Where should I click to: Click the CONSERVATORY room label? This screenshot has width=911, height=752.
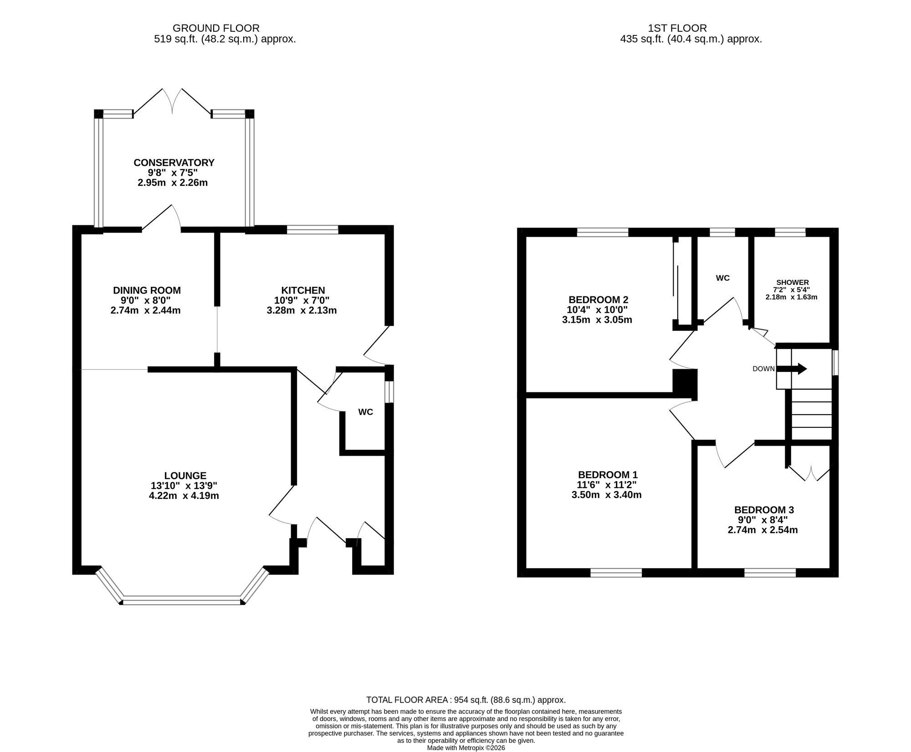pyautogui.click(x=174, y=163)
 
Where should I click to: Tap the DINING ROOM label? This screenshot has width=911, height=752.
pyautogui.click(x=147, y=290)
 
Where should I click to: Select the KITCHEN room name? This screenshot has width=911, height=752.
pyautogui.click(x=303, y=290)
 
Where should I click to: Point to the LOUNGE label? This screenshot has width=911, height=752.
pyautogui.click(x=185, y=475)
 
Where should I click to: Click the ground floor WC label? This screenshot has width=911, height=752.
pyautogui.click(x=365, y=412)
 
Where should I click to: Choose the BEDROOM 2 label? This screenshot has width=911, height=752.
pyautogui.click(x=598, y=300)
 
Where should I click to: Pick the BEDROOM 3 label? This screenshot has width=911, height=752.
pyautogui.click(x=764, y=510)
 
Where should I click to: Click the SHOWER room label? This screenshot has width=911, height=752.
pyautogui.click(x=793, y=283)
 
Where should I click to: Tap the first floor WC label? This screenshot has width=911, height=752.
pyautogui.click(x=722, y=278)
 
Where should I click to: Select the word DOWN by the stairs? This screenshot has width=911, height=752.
pyautogui.click(x=763, y=369)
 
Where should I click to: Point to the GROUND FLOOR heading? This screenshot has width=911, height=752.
pyautogui.click(x=216, y=28)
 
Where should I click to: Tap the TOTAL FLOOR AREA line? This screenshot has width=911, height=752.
pyautogui.click(x=466, y=700)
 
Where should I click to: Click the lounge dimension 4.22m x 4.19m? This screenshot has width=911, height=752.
pyautogui.click(x=184, y=495)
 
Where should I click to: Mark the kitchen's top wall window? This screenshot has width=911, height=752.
pyautogui.click(x=312, y=229)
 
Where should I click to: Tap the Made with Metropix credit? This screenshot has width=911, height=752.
pyautogui.click(x=466, y=747)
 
